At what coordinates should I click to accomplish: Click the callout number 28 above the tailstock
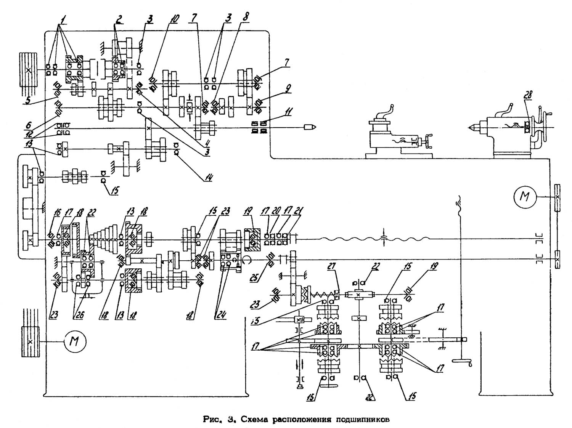click(x=529, y=95)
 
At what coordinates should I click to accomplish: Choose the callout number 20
click(x=278, y=210)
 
